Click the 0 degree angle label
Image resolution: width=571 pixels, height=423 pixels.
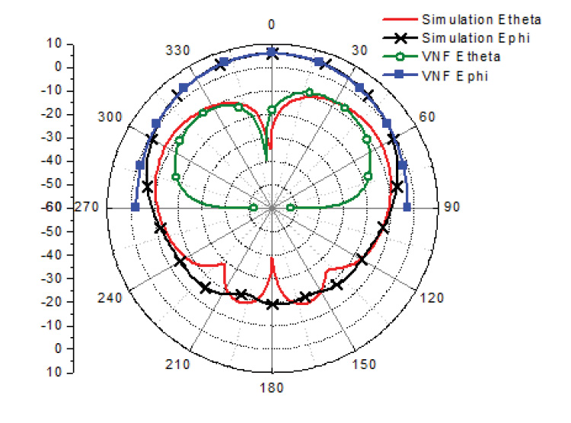[272, 25]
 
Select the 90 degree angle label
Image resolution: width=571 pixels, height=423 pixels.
[452, 208]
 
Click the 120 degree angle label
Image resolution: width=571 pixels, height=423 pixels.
[431, 298]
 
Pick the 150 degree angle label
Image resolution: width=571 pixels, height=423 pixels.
[365, 365]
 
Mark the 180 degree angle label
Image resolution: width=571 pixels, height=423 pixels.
[272, 388]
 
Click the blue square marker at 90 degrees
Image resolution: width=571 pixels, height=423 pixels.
[407, 207]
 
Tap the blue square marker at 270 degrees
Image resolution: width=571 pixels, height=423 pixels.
[136, 207]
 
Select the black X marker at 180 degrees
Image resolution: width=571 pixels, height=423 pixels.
[272, 304]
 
